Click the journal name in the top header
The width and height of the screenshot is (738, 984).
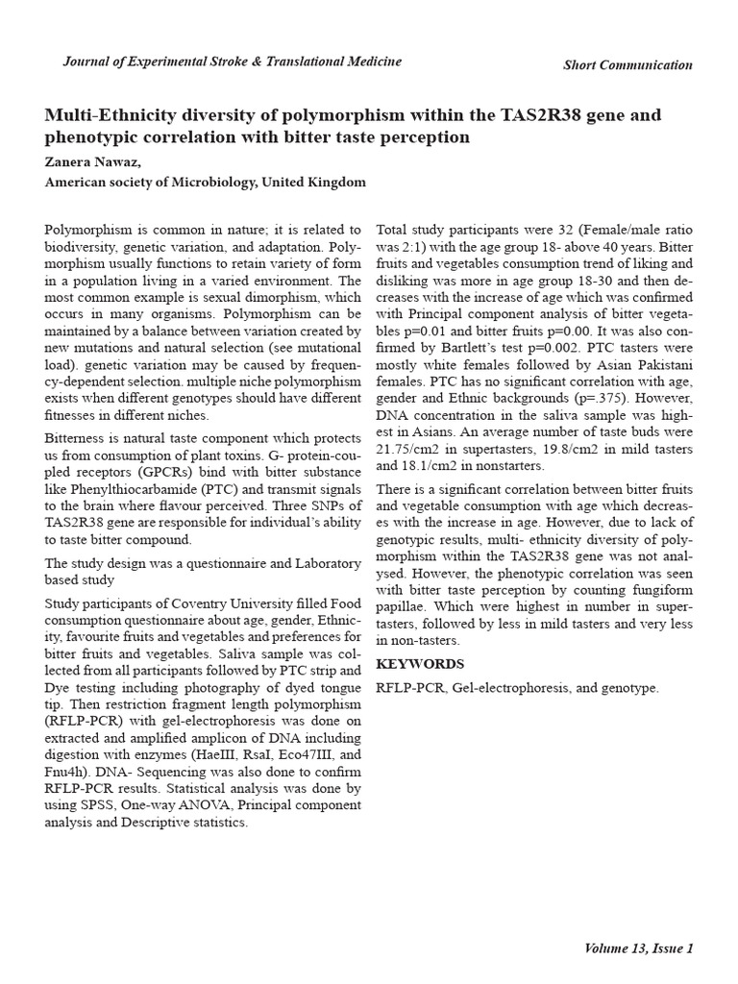[x=233, y=62]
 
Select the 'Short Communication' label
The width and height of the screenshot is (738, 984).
[x=627, y=65]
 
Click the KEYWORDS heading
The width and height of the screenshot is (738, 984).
[x=420, y=664]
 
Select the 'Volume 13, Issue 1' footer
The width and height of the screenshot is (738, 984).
[x=638, y=948]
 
